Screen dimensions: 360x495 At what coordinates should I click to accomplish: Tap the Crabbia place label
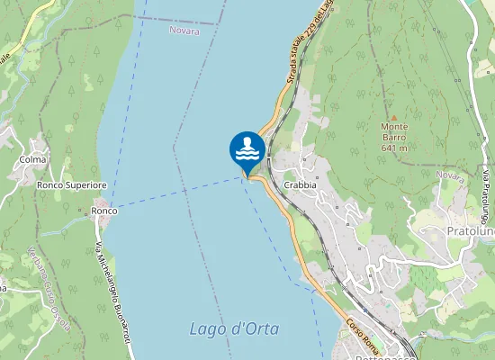[x=300, y=184]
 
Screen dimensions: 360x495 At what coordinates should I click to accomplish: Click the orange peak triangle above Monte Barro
[x=393, y=118]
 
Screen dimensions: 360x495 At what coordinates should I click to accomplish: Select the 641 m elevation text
[x=394, y=148]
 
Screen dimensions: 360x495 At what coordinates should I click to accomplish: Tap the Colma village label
[x=32, y=159]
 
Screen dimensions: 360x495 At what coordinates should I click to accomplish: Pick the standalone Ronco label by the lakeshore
[x=103, y=211]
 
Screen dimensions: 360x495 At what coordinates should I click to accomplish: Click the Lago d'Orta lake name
[x=234, y=328]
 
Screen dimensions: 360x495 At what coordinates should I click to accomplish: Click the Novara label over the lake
[x=184, y=31]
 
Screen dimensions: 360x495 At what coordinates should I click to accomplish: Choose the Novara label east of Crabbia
[x=448, y=175]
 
